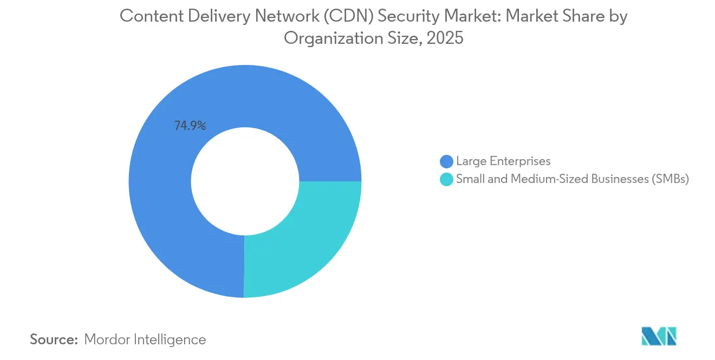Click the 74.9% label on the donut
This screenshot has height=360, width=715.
[190, 126]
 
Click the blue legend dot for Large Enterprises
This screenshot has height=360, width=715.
[446, 161]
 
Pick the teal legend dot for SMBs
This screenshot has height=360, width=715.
[446, 180]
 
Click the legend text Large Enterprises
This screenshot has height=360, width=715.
[503, 161]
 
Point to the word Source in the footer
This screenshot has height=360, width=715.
[54, 339]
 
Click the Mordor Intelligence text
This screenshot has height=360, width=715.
[145, 339]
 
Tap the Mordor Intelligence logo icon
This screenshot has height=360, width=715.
[659, 337]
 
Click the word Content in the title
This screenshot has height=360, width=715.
[145, 16]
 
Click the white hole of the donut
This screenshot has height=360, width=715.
[245, 181]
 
